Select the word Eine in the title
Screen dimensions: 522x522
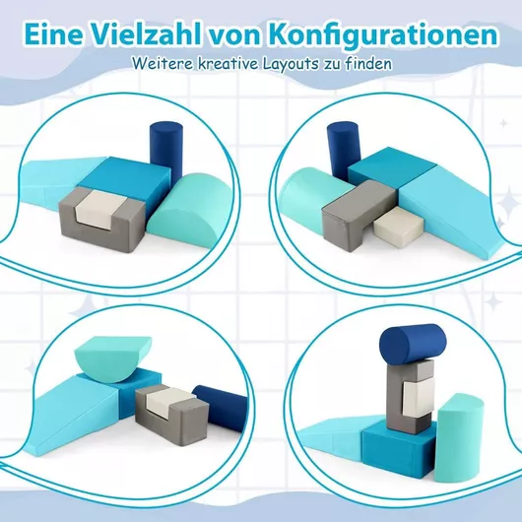[x=53, y=34]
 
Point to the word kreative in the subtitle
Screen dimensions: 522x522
[x=228, y=63]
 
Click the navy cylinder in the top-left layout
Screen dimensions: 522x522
[x=165, y=148]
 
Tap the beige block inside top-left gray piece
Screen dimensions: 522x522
[x=100, y=209]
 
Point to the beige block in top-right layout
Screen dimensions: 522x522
[x=399, y=227]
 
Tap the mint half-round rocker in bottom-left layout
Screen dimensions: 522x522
[x=113, y=359]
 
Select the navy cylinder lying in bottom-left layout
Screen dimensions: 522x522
[x=220, y=408]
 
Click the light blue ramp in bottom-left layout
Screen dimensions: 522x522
[x=71, y=414]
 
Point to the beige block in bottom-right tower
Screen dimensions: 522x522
[x=418, y=398]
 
